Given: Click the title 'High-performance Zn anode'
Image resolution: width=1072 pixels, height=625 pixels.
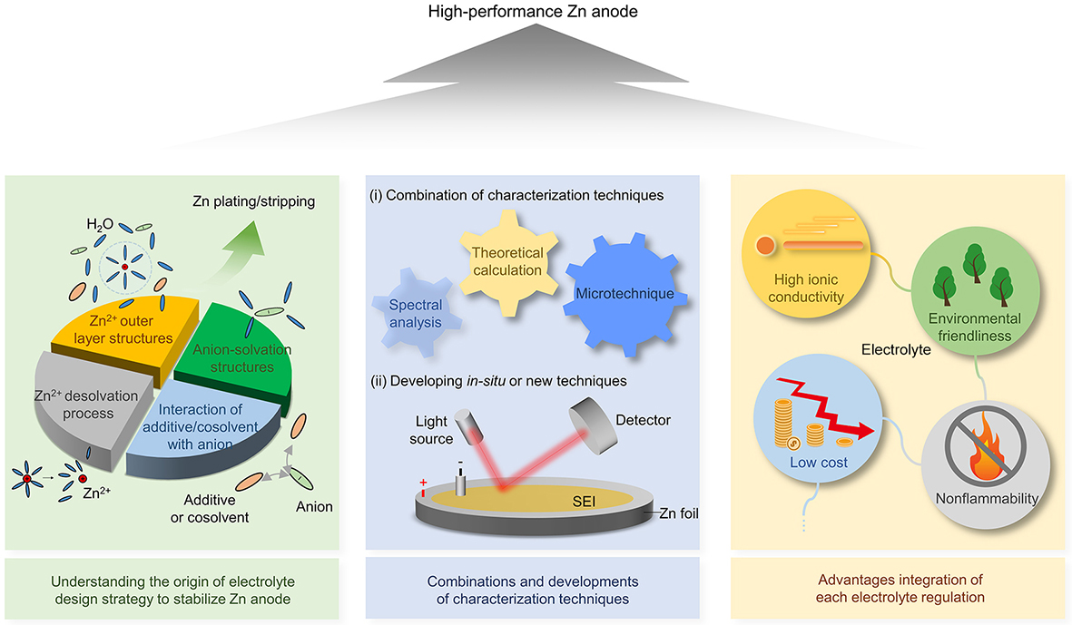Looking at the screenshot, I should coord(536,11).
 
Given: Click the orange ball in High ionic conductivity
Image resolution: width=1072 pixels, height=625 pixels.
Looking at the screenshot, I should coord(763,245).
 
